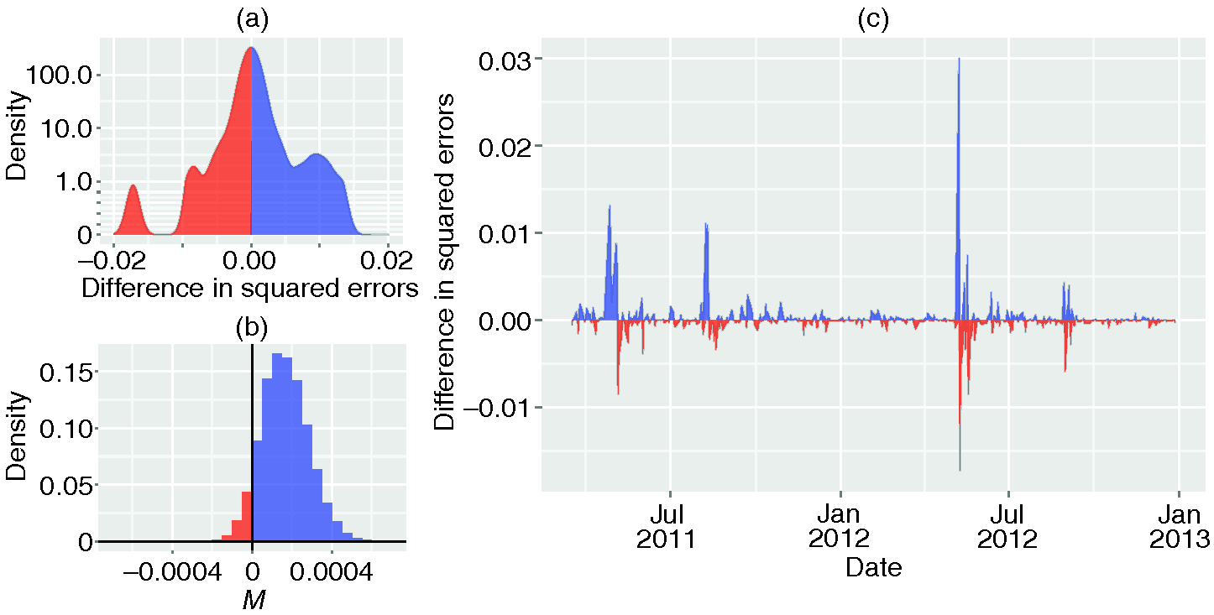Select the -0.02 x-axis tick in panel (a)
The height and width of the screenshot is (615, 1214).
tap(114, 258)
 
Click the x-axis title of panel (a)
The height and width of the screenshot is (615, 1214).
tap(249, 289)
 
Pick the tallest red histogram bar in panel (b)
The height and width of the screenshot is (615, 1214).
tap(247, 516)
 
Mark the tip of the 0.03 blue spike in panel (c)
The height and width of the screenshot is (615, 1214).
tap(959, 60)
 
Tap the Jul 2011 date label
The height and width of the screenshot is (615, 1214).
tap(670, 524)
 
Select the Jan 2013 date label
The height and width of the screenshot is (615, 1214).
tap(1178, 524)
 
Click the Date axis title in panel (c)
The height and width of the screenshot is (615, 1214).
tap(873, 568)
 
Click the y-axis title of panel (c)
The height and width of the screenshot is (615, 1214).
tap(447, 262)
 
